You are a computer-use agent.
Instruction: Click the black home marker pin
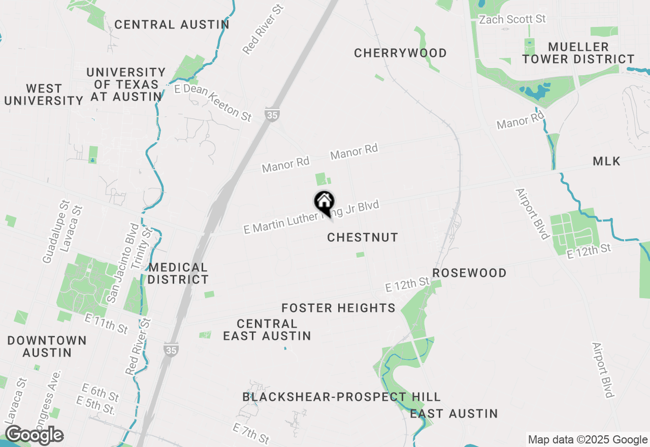(x=324, y=203)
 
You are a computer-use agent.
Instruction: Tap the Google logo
(x=34, y=435)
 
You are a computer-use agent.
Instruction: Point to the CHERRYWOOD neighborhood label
(x=400, y=53)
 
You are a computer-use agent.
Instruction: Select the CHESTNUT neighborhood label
(x=363, y=238)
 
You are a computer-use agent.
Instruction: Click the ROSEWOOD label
(x=469, y=273)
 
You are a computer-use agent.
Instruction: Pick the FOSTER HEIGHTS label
(x=338, y=308)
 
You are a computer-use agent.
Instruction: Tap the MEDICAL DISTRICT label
(x=178, y=274)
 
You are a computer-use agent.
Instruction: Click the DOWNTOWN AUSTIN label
(x=47, y=346)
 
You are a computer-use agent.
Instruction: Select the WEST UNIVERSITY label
(x=44, y=95)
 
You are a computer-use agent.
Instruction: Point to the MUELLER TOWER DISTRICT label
(x=578, y=53)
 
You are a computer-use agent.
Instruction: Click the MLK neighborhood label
(x=606, y=162)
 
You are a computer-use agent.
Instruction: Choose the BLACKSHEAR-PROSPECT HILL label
(x=341, y=397)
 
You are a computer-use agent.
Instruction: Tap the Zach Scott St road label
(x=513, y=19)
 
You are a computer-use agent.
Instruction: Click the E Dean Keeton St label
(x=213, y=102)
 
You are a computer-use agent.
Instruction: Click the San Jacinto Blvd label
(x=120, y=263)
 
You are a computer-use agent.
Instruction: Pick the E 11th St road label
(x=107, y=324)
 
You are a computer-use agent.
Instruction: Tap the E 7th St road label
(x=251, y=433)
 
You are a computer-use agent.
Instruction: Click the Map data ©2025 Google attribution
(x=588, y=440)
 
